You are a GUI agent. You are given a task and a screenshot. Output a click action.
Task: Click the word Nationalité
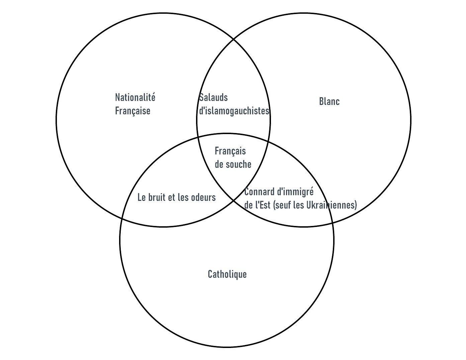coord(135,98)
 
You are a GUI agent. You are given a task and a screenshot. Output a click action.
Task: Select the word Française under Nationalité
coord(132,111)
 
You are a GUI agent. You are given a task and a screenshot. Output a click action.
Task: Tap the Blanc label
coord(329,101)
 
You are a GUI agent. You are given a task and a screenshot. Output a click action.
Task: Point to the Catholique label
coord(227,274)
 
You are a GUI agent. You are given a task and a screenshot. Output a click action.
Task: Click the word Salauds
coord(213,98)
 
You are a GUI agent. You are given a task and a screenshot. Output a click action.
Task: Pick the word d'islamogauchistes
coord(234,111)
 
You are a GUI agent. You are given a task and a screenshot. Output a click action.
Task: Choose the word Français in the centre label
coord(230,151)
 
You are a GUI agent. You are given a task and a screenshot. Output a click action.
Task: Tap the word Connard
coord(257,192)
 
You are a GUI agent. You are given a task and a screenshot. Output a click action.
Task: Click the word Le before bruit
coord(142,198)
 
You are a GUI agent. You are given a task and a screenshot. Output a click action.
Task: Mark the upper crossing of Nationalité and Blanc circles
coord(234,39)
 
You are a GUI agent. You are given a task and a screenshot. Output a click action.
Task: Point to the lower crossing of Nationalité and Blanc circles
coord(234,201)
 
